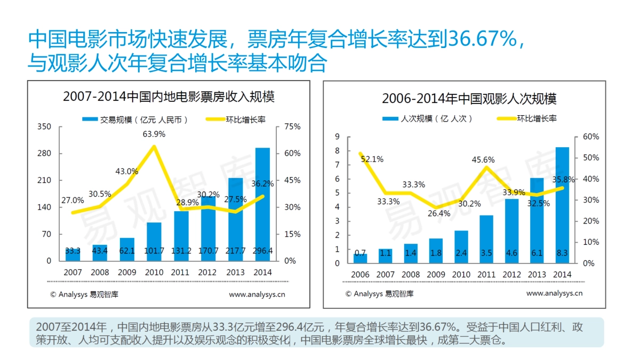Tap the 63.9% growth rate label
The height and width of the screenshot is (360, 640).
(154, 134)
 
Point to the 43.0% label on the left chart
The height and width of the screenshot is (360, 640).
(127, 172)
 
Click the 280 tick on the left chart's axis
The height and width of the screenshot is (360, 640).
(45, 154)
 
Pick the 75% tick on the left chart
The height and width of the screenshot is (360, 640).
(293, 127)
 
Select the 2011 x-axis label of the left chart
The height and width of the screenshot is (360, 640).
(181, 272)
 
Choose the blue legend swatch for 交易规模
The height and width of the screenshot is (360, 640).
(90, 119)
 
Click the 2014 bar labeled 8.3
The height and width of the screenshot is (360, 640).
(562, 205)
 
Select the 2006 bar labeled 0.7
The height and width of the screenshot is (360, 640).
(361, 258)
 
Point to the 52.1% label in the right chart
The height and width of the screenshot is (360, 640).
(372, 159)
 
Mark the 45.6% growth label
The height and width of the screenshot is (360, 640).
(483, 159)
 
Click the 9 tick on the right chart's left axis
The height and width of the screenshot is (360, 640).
(337, 137)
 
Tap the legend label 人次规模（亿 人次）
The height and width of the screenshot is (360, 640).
(436, 119)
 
